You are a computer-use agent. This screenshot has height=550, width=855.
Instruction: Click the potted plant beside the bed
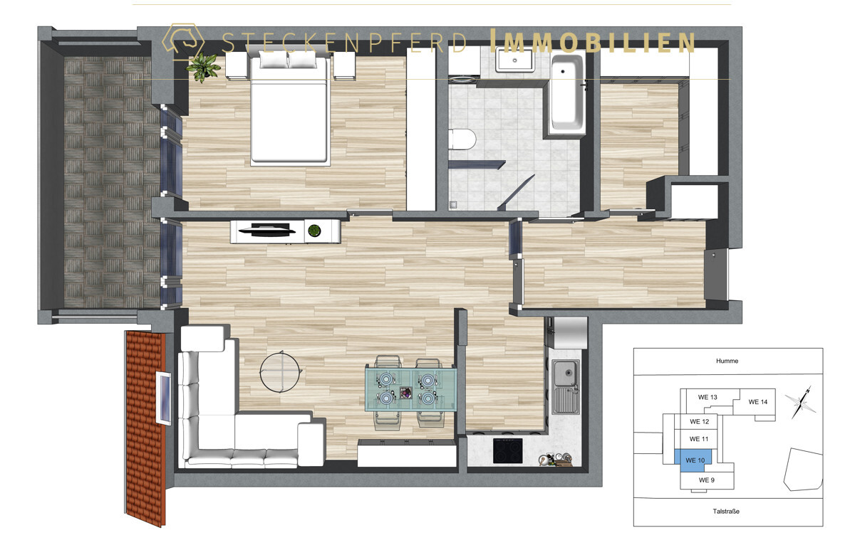(x=203, y=67)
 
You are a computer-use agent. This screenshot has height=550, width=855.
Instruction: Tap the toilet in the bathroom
(x=462, y=139)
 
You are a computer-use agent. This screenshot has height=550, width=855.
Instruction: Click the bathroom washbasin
(x=515, y=61)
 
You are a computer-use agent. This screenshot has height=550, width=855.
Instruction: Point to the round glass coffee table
(x=281, y=371)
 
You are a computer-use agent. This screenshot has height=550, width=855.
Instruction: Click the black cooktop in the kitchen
(x=507, y=451)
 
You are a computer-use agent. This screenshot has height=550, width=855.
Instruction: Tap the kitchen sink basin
(x=566, y=374)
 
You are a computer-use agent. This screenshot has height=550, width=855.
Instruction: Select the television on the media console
(x=267, y=230)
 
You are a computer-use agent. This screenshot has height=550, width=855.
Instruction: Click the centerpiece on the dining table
(x=405, y=393)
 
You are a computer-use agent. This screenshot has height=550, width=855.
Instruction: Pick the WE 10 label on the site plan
(x=695, y=460)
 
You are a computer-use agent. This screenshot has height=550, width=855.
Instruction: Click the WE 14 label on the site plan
(x=757, y=402)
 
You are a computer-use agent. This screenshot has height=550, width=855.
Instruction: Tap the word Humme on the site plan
(x=727, y=361)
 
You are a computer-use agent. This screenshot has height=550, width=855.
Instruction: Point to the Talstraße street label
(x=726, y=511)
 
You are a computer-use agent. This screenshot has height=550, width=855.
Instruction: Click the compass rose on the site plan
(x=801, y=403)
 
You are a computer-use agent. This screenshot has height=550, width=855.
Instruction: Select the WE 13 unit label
(x=708, y=397)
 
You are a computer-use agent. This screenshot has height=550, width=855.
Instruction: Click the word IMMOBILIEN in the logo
(x=592, y=41)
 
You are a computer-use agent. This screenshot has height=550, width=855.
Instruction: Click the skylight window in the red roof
(x=163, y=398)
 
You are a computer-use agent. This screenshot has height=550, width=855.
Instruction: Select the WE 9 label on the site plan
(x=707, y=480)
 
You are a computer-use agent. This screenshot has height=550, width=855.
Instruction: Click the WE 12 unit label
(x=699, y=421)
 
